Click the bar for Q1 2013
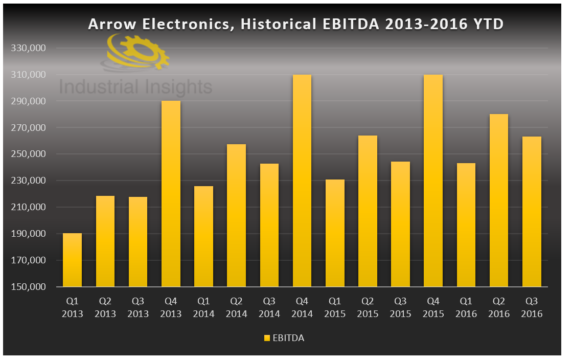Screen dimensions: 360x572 coord(72,260)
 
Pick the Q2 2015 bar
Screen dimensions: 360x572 coord(368,211)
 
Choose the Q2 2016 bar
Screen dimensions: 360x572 coord(499,200)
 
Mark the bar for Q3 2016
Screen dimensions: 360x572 coord(532,211)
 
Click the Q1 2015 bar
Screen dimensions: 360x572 coord(335,233)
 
